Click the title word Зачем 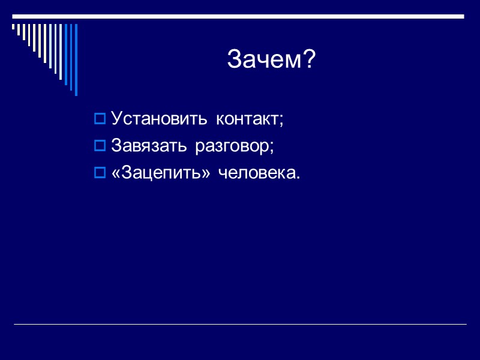(x=264, y=59)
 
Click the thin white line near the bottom (x=240, y=325)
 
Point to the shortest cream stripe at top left (x=14, y=26)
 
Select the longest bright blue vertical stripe (x=76, y=59)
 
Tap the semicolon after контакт (x=280, y=120)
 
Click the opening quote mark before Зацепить (x=116, y=174)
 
